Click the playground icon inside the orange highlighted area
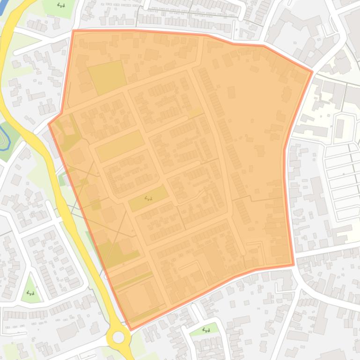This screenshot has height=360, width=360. (x=149, y=198)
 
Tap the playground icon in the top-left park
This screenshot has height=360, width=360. (x=61, y=6)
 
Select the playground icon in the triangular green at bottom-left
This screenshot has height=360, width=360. (x=31, y=293)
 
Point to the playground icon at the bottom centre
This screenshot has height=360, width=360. (x=206, y=330)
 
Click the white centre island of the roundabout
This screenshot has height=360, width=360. (x=118, y=337)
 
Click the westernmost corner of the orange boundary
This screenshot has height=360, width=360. (x=49, y=124)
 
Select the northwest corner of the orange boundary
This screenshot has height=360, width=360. (x=73, y=31)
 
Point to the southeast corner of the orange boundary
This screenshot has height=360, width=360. (x=293, y=265)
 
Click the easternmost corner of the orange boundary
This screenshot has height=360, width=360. (x=312, y=72)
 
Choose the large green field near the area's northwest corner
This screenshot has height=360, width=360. (x=108, y=76)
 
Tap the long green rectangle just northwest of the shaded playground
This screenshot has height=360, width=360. (x=120, y=145)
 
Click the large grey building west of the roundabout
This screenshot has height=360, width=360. (x=67, y=331)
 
